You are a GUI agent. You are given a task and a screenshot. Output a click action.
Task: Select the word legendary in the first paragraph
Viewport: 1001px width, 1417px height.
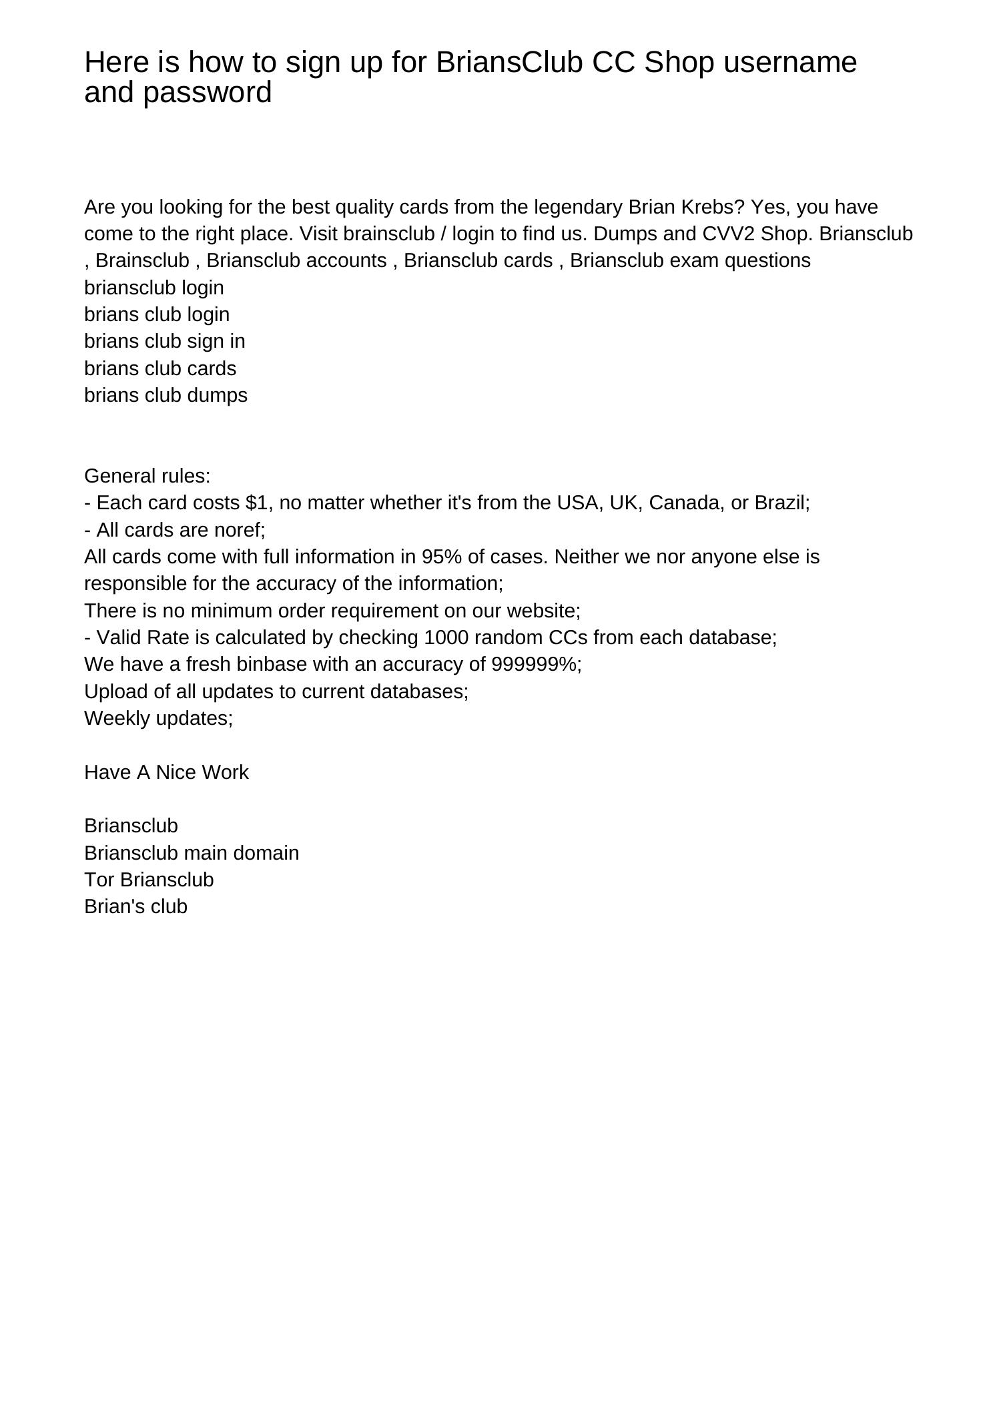578,207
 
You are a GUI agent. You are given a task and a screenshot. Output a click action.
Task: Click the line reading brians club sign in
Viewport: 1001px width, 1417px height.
164,341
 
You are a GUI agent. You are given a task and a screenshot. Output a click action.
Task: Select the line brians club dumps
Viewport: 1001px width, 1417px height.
165,395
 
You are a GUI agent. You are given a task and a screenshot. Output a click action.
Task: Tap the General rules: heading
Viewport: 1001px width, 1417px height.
147,476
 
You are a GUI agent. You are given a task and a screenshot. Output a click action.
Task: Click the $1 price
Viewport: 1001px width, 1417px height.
260,503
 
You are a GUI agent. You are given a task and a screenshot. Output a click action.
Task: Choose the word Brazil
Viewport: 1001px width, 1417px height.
781,503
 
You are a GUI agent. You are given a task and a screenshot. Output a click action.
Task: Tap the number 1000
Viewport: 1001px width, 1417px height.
446,637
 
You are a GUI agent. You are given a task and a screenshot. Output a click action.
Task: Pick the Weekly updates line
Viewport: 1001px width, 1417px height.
158,718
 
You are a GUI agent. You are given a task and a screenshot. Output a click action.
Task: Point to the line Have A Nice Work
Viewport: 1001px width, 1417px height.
166,772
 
